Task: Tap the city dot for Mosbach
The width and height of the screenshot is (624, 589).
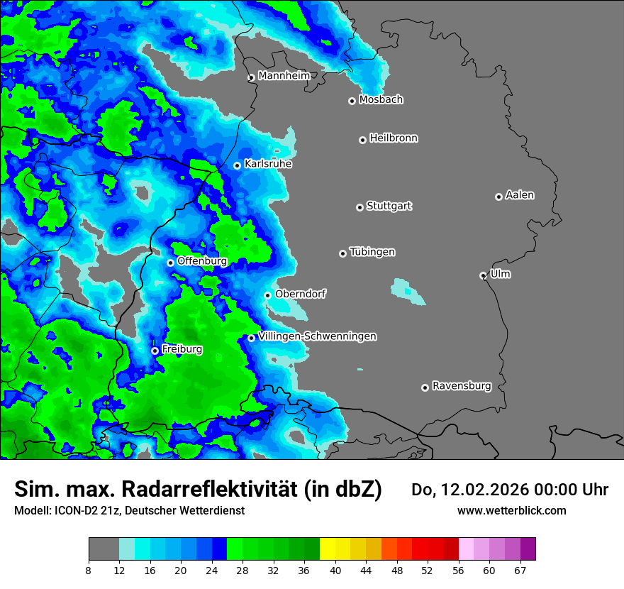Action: coord(352,101)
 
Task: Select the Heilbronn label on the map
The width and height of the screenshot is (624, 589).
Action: coord(394,138)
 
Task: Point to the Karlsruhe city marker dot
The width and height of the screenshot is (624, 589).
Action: coord(238,165)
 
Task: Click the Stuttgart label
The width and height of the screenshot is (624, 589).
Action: coord(389,207)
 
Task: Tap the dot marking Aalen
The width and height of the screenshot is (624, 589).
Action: coord(498,197)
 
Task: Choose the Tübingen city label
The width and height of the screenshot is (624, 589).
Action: coord(372,253)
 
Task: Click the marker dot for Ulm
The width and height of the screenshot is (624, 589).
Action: coord(483,275)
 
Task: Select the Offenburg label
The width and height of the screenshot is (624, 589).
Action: coord(201,261)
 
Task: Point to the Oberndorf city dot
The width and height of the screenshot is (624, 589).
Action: coord(267,295)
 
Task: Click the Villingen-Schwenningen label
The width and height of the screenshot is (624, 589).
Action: coord(317,336)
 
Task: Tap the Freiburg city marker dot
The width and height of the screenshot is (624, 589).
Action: coord(155,351)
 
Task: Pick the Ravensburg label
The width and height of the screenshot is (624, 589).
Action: coord(462,386)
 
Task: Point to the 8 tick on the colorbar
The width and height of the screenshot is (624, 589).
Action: coord(89,571)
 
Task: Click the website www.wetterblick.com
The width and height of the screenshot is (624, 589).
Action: coord(511,510)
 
